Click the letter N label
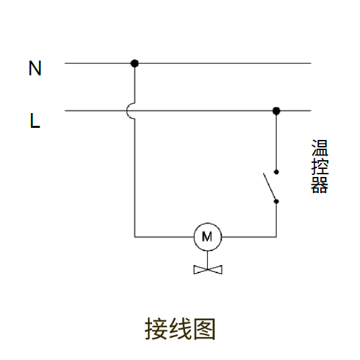coord(35,68)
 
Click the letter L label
coord(35,120)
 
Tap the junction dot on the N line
coord(135,63)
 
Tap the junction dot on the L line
coord(276,111)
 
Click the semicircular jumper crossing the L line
coord(127,111)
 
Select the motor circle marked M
coord(208,237)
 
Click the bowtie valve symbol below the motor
coord(208,270)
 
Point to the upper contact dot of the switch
coord(276,172)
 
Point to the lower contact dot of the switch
coord(276,201)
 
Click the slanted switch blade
coord(270,187)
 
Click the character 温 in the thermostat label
coord(320,147)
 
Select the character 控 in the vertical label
coord(320,166)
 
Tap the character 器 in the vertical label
coord(320,185)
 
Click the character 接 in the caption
coord(156,329)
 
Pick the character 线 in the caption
coord(180,329)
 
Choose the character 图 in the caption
coord(205,329)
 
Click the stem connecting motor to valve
coord(208,260)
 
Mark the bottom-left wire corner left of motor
coord(135,237)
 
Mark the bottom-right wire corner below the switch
coord(276,237)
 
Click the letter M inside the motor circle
coord(207,236)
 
